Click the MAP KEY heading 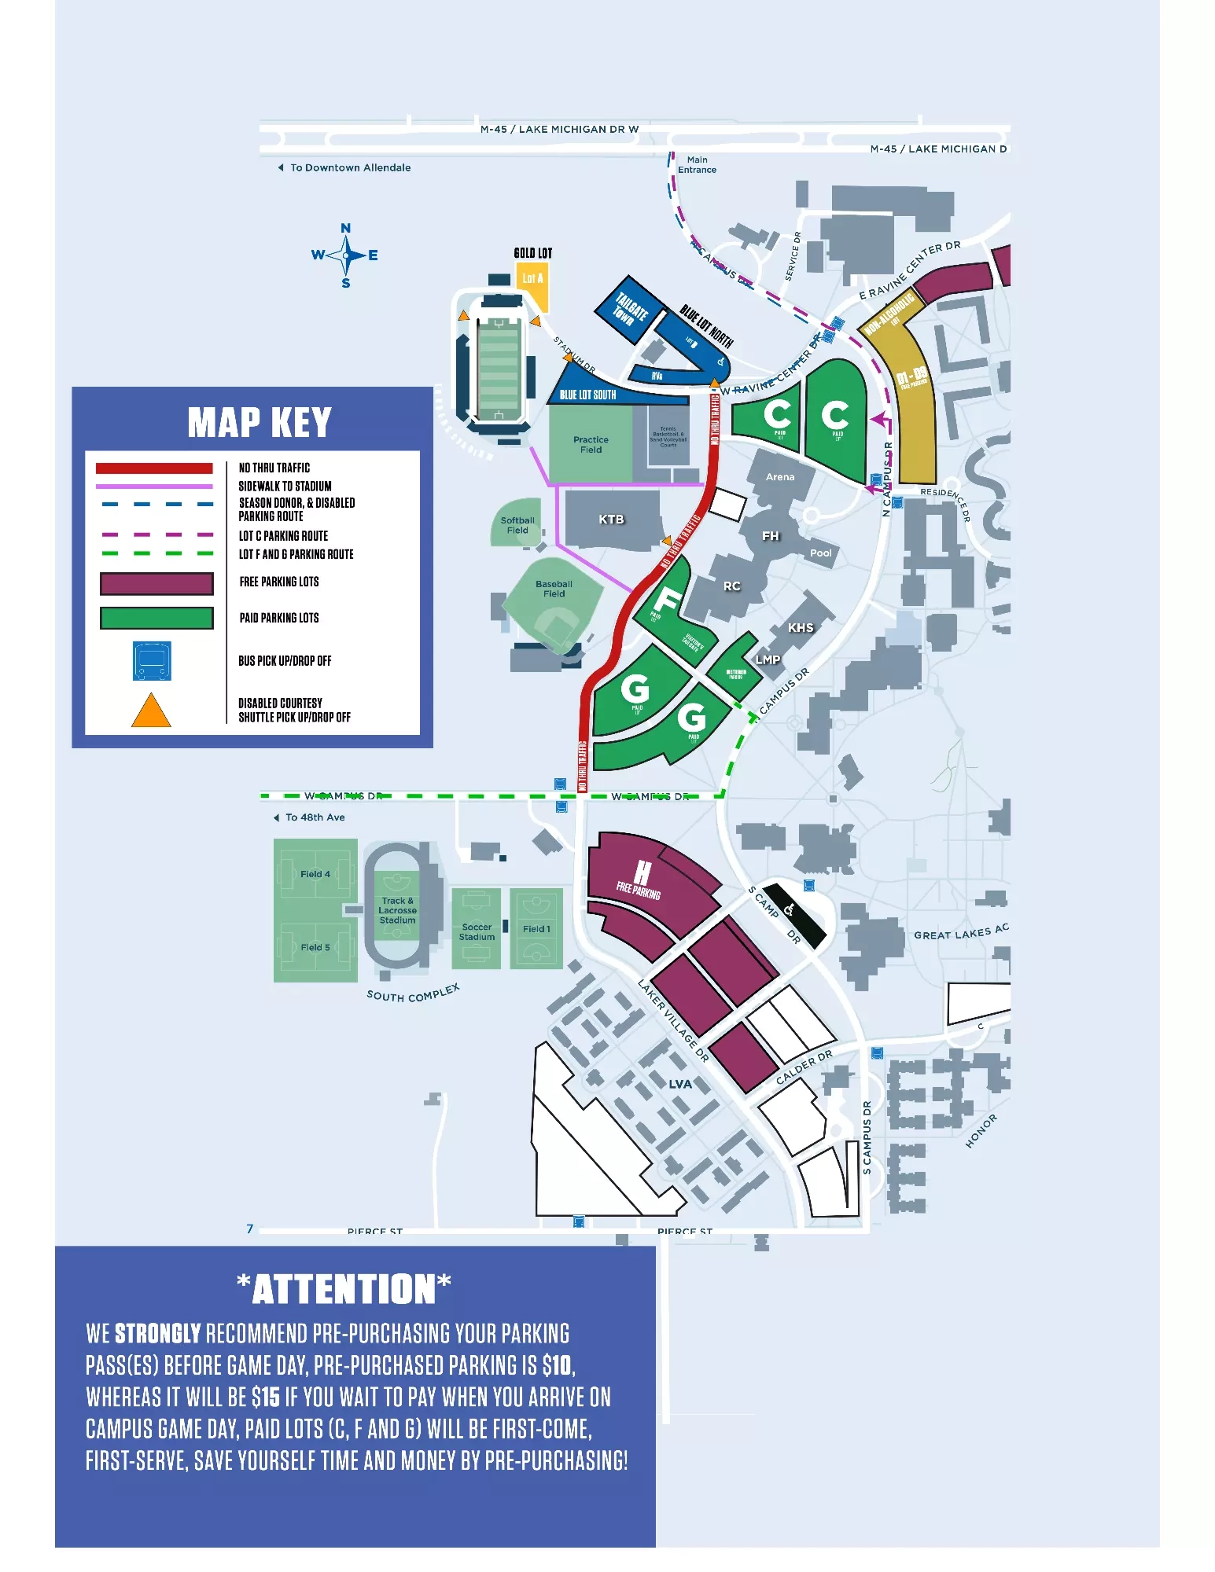coord(259,422)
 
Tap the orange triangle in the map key coord(151,711)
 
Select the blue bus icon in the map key coord(152,661)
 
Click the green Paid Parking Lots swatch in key coord(156,619)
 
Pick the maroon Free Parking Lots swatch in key coord(156,583)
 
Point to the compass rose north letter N coord(345,229)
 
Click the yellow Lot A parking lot coord(532,284)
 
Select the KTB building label coord(611,520)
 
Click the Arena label coord(779,477)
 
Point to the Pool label coord(820,553)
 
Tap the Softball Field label coord(517,525)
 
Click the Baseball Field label coord(554,589)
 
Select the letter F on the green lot coord(667,601)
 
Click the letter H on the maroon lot coord(642,871)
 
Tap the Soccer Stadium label coord(477,932)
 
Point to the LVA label coord(680,1084)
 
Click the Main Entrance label coord(697,165)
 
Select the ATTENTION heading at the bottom coord(344,1290)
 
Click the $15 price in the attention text coord(266,1397)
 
